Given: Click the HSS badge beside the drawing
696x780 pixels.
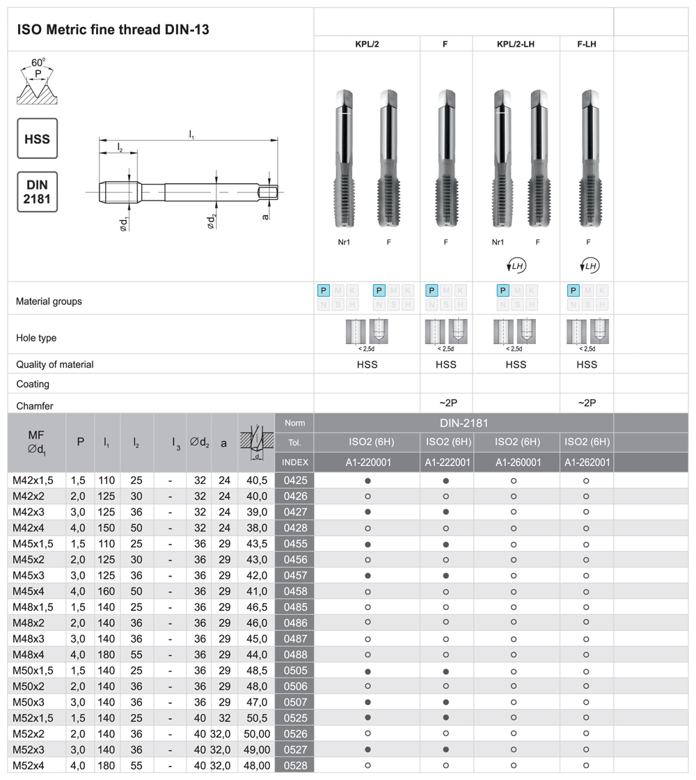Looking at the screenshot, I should point(37,139).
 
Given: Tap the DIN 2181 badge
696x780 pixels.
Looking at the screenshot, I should point(37,192).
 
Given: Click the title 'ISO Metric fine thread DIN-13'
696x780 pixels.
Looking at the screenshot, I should point(112,29).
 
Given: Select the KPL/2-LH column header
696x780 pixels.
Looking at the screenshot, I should point(516,44).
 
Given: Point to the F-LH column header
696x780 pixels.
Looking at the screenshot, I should point(587,44).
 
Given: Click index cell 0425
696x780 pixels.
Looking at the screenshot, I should point(294,481).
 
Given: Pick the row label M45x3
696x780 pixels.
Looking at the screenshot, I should point(29,576).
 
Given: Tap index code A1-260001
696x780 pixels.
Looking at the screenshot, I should point(516,462).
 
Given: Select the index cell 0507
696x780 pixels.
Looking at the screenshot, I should point(294,702).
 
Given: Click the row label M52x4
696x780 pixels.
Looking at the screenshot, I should point(29,765).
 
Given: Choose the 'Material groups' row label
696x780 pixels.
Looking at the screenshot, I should point(49,302).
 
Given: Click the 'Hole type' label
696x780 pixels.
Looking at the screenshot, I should point(36,338).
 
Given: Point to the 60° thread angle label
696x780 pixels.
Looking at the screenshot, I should point(38,62).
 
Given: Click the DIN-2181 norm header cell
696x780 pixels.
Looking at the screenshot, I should point(464,423).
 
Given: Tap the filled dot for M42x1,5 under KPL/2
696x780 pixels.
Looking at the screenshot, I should point(367,481).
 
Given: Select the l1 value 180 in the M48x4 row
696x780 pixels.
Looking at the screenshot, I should point(108,655).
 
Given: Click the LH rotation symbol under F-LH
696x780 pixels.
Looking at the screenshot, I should point(588,266).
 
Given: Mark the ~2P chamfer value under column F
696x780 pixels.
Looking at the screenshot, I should point(446,403).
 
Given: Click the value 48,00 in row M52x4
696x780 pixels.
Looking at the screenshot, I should point(256,765).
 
